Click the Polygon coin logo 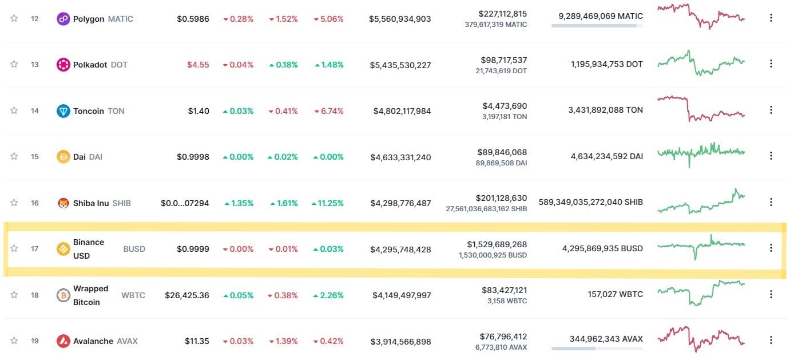tap(63, 19)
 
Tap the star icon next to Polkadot tap(14, 64)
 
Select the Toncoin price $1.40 tap(199, 111)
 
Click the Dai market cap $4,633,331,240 tap(400, 157)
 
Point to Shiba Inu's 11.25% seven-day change tap(328, 203)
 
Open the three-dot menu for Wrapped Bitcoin tap(771, 294)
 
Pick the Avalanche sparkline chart tap(701, 339)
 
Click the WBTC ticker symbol tap(133, 295)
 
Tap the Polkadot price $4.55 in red tap(198, 65)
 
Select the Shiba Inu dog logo tap(63, 203)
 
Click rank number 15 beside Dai tap(35, 156)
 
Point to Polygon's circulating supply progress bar tap(597, 26)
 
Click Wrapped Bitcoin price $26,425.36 tap(187, 295)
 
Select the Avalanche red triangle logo tap(63, 341)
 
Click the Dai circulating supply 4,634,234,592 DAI tap(606, 156)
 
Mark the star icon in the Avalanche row tap(14, 341)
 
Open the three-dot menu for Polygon tap(771, 18)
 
